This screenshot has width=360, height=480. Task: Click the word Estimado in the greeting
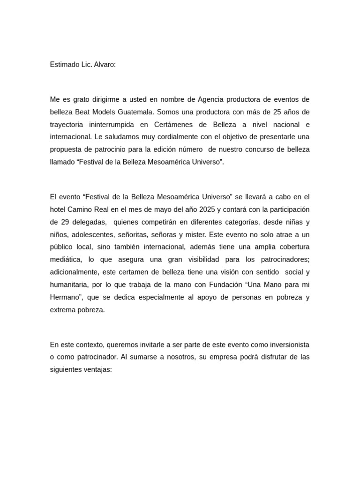[65, 65]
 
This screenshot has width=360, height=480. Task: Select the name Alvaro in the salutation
[104, 65]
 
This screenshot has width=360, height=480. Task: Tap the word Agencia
[210, 99]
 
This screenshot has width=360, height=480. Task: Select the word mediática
[65, 259]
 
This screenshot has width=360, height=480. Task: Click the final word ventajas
[97, 369]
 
